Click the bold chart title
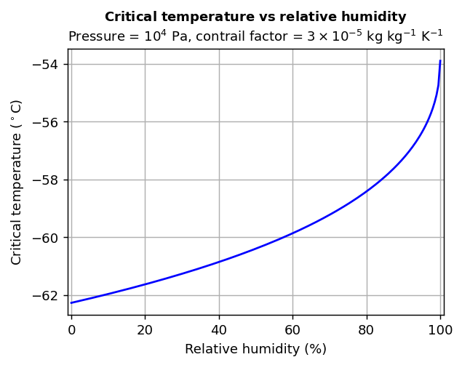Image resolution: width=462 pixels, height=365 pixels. click(255, 17)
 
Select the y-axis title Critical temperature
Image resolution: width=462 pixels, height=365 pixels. click(16, 182)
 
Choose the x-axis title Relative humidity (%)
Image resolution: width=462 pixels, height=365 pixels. click(255, 349)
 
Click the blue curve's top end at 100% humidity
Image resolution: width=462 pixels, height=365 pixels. click(440, 61)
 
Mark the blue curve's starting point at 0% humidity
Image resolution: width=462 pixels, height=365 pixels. click(71, 302)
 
